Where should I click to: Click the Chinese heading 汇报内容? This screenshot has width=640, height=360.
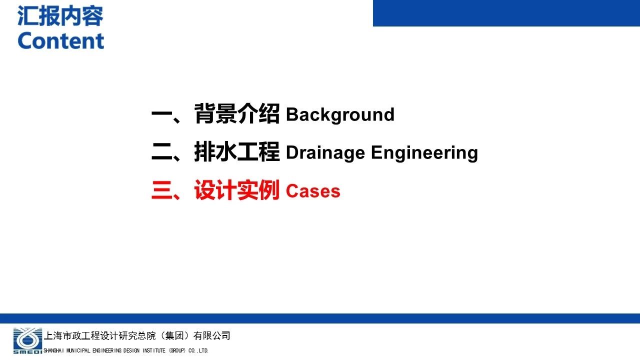click(x=60, y=16)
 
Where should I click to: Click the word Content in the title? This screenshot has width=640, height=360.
click(x=61, y=41)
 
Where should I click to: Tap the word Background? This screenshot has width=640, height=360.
click(x=340, y=115)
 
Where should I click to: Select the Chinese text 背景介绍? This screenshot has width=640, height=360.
click(x=237, y=113)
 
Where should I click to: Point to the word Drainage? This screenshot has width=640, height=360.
click(x=325, y=153)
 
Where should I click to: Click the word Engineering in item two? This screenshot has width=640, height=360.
click(x=424, y=153)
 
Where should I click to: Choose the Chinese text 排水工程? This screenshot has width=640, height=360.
click(x=237, y=151)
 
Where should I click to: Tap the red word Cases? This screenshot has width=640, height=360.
click(x=313, y=191)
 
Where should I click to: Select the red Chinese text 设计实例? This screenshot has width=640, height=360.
click(x=237, y=190)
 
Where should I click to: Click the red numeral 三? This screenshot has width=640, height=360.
click(x=161, y=190)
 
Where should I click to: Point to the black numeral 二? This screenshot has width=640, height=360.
click(x=161, y=151)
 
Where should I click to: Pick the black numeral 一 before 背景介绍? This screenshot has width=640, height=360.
click(x=161, y=114)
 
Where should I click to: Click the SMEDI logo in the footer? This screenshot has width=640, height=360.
click(x=27, y=341)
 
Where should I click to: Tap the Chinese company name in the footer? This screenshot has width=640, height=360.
click(x=137, y=335)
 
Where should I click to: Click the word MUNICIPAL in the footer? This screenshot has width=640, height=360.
click(x=78, y=350)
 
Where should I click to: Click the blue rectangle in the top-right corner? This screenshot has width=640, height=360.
click(x=506, y=13)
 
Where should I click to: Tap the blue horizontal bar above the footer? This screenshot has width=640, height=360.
click(x=320, y=318)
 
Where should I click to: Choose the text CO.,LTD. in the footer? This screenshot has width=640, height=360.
click(x=198, y=350)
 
